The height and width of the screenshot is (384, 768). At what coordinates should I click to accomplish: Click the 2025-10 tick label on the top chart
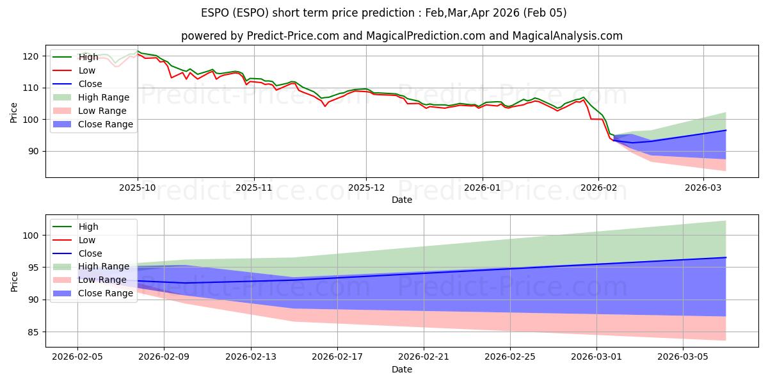click(x=138, y=188)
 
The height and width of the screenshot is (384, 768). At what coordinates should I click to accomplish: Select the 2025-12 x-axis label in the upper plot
click(x=366, y=188)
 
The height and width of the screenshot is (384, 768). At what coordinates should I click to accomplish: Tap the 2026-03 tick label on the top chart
click(x=703, y=188)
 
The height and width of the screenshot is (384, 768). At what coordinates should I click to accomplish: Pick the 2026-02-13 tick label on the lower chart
click(x=250, y=357)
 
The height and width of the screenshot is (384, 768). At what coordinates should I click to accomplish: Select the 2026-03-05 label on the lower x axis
click(x=683, y=357)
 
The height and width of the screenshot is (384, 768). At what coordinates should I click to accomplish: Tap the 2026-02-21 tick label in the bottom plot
click(x=424, y=357)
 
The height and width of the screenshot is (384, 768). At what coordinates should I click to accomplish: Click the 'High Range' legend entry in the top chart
click(x=104, y=97)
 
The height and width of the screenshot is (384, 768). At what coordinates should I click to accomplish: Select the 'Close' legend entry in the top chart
click(x=90, y=84)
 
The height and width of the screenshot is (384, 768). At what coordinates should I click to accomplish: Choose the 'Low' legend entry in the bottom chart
click(x=86, y=240)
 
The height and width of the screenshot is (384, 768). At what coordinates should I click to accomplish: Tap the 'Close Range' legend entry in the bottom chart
click(x=106, y=293)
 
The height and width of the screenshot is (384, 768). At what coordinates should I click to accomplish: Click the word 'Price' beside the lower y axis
click(x=15, y=281)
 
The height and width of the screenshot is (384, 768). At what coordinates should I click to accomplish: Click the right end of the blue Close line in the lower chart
click(x=726, y=257)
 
